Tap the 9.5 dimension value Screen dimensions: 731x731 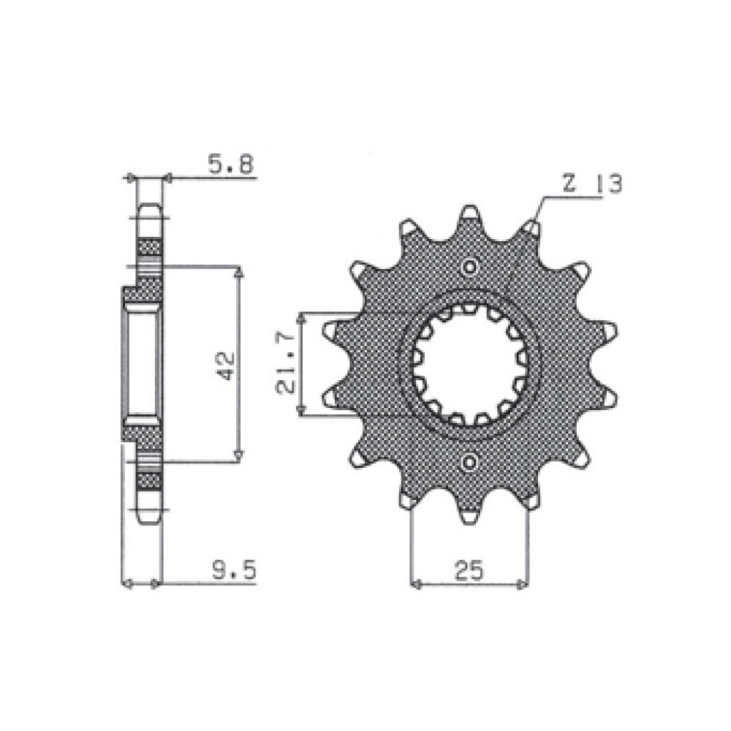pyautogui.click(x=235, y=569)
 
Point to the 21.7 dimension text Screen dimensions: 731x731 pyautogui.click(x=286, y=363)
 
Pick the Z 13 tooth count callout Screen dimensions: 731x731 pyautogui.click(x=592, y=183)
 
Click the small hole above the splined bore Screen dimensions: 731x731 pyautogui.click(x=469, y=267)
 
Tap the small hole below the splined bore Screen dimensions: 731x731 pyautogui.click(x=469, y=462)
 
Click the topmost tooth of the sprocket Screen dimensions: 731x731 pyautogui.click(x=469, y=218)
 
